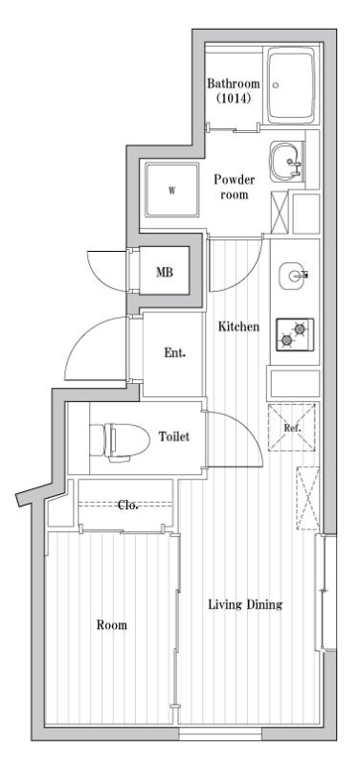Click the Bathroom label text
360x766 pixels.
coord(234,84)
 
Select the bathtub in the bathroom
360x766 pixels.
coord(291,87)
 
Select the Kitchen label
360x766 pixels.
coord(238,327)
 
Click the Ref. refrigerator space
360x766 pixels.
coord(293,428)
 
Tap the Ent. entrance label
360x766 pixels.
coord(174,352)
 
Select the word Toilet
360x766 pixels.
coord(173,437)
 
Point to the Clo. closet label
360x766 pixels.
coord(127,506)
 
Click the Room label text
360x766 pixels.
coord(111,625)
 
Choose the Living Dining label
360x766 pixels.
coord(245,606)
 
